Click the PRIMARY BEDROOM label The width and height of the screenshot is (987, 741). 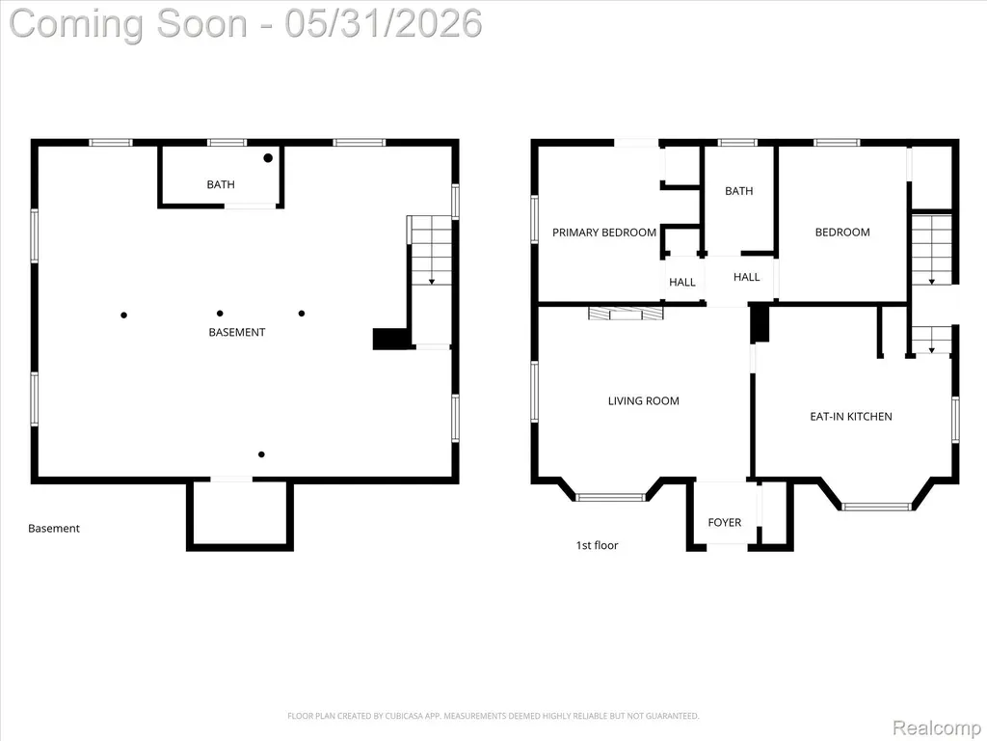[604, 233]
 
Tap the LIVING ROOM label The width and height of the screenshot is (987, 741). [643, 400]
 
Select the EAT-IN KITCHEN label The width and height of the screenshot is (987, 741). [850, 417]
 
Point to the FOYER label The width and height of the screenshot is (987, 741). [725, 522]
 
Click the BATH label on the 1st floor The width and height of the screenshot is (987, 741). [739, 191]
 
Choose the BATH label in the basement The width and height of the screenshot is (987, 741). [221, 184]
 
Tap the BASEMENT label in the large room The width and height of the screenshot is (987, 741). [237, 332]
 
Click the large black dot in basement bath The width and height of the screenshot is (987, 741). [268, 158]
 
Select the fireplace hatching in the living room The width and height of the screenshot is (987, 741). [626, 314]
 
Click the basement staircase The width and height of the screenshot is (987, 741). [432, 251]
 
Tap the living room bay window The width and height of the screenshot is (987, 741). [611, 497]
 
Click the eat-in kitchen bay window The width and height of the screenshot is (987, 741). [876, 506]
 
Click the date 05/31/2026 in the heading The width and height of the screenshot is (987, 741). [384, 23]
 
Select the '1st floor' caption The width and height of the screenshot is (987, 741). [598, 546]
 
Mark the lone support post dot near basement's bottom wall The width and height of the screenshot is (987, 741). [261, 454]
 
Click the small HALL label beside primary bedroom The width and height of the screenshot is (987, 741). [682, 283]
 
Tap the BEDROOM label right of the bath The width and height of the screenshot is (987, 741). [842, 233]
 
